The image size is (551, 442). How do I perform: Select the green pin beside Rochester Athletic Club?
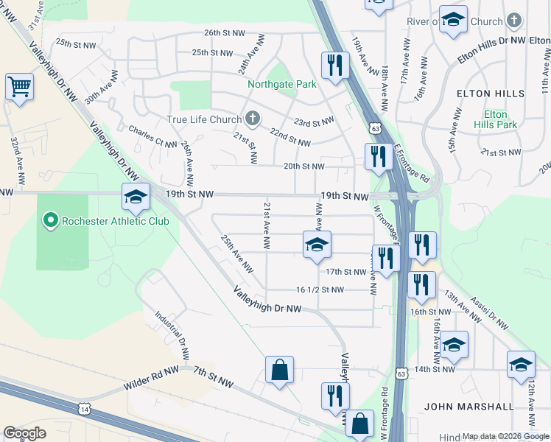click(50, 220)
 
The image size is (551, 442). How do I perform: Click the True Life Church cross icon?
click(252, 119)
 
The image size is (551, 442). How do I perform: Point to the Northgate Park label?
click(291, 85)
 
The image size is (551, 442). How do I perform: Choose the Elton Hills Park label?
click(495, 119)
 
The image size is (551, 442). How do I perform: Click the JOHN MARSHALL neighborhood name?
click(468, 406)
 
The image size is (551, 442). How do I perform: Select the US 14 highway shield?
click(85, 408)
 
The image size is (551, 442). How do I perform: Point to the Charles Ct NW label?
click(152, 136)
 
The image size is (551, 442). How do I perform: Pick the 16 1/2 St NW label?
click(320, 290)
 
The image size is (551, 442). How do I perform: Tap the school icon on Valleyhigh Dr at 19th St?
click(137, 196)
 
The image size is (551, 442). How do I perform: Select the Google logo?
click(24, 433)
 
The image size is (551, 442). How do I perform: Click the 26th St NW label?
click(222, 33)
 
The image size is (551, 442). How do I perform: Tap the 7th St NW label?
click(214, 380)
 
